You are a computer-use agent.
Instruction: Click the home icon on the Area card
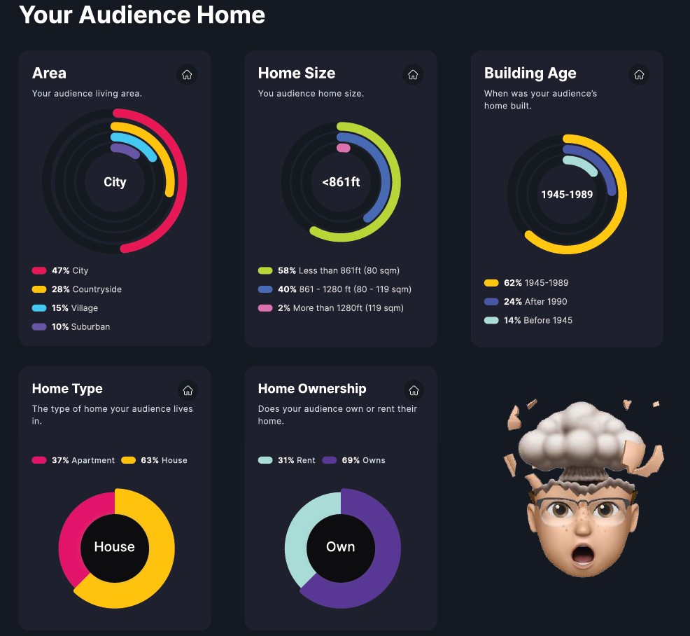[x=187, y=74]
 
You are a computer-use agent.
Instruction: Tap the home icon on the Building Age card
[x=639, y=74]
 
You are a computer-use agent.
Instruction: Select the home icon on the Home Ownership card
[x=413, y=390]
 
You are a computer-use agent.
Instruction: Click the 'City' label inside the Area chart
[x=115, y=182]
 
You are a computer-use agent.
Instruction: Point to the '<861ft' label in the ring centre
[x=341, y=182]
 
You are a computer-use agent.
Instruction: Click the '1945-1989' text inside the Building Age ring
[x=567, y=195]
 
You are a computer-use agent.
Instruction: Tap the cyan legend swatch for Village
[x=39, y=308]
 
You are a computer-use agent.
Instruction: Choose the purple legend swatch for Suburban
[x=39, y=327]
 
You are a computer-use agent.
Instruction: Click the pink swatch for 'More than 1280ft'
[x=265, y=308]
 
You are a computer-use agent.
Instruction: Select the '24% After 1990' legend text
[x=535, y=302]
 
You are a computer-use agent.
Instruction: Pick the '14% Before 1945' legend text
[x=537, y=321]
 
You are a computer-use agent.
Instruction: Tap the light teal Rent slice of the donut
[x=297, y=539]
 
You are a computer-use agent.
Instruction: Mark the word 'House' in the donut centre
[x=114, y=547]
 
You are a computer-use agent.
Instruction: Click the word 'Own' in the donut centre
[x=341, y=547]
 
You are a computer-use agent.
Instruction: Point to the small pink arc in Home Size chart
[x=343, y=148]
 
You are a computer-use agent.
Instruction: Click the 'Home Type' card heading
[x=67, y=389]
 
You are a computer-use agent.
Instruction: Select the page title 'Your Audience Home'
[x=142, y=15]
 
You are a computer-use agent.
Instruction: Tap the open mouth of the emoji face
[x=583, y=555]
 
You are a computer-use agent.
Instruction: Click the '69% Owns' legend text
[x=363, y=461]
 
